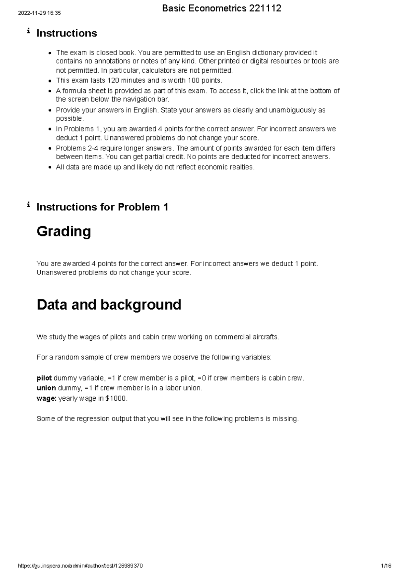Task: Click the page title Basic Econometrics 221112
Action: (222, 9)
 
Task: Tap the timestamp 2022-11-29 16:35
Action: (39, 13)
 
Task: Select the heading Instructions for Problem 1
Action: (102, 207)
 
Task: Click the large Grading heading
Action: (64, 232)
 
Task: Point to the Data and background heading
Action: (109, 305)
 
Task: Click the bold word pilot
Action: (44, 378)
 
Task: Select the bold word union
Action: (46, 388)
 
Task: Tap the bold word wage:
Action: (46, 398)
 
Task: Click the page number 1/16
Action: (386, 566)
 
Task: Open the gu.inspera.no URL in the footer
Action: (80, 566)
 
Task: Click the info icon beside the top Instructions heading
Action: (28, 31)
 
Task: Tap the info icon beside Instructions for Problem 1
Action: (28, 205)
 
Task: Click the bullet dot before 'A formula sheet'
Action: (50, 91)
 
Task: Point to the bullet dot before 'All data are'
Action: (50, 167)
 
